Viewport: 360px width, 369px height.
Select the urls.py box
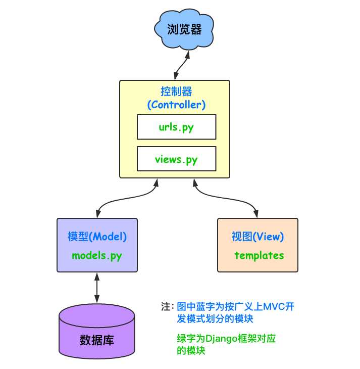(176, 127)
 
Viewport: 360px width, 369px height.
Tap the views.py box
(176, 159)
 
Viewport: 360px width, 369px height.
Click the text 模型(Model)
(97, 237)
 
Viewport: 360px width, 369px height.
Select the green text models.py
(97, 255)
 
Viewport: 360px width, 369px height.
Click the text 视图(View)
(258, 237)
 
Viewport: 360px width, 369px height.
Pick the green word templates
(259, 255)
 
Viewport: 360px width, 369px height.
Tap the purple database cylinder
(97, 331)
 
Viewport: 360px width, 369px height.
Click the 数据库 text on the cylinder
(97, 340)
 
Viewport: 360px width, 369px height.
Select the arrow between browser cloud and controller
(180, 65)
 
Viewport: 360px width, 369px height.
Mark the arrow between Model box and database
(96, 287)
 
